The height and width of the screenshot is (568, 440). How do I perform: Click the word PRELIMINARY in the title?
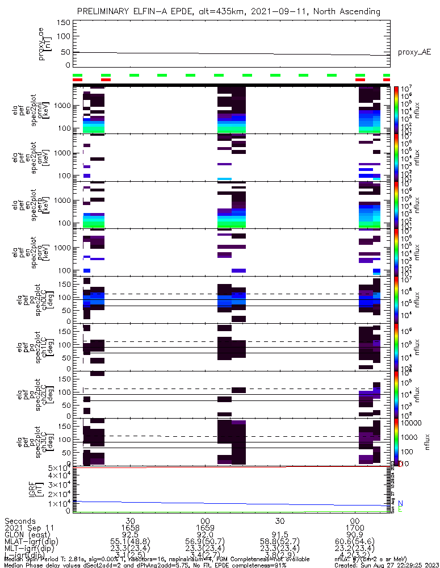pyautogui.click(x=104, y=11)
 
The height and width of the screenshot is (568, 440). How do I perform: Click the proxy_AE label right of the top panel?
pyautogui.click(x=414, y=52)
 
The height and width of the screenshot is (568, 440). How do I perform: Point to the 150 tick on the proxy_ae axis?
pyautogui.click(x=63, y=23)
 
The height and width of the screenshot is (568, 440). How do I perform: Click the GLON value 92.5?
pyautogui.click(x=130, y=535)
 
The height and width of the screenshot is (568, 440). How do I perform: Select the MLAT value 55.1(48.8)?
pyautogui.click(x=130, y=542)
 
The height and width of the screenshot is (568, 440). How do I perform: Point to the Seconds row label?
pyautogui.click(x=20, y=521)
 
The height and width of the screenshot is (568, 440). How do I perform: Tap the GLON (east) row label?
pyautogui.click(x=27, y=535)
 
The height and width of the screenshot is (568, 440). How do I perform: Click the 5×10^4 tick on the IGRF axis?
pyautogui.click(x=60, y=467)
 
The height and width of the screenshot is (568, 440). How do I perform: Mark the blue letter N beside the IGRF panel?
pyautogui.click(x=400, y=503)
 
